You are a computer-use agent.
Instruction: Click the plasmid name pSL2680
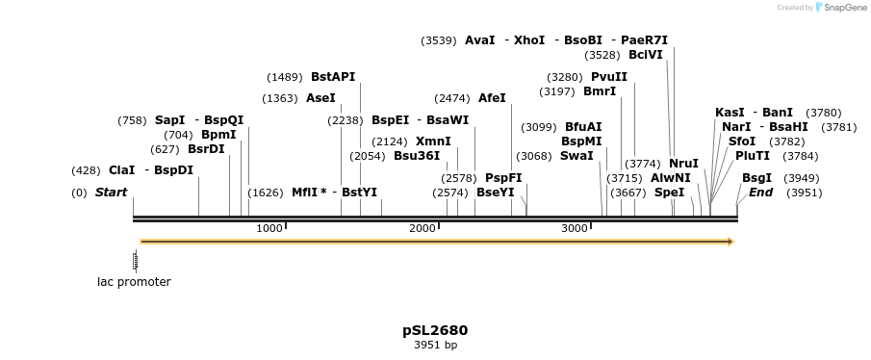point(435,330)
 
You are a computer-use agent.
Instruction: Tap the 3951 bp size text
point(435,345)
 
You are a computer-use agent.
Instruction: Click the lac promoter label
point(134,282)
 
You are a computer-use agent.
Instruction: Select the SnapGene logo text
point(840,8)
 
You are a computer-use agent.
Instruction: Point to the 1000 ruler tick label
point(269,228)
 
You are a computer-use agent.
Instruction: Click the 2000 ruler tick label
point(422,228)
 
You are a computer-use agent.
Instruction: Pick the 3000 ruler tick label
point(575,228)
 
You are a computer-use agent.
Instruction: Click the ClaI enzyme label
point(121,170)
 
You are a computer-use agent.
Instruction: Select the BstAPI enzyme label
point(333,77)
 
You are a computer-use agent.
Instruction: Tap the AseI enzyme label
point(320,98)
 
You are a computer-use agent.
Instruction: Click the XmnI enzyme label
point(433,141)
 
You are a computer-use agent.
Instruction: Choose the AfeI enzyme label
point(492,98)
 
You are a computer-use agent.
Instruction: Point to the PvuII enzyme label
point(609,77)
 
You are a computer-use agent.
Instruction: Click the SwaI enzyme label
point(576,156)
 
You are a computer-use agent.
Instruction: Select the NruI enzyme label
point(683,164)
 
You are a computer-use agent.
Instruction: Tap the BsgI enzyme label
point(756,178)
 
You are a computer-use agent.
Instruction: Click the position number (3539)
point(439,40)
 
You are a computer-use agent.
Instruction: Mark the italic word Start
point(111,193)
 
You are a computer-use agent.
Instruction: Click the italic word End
point(760,193)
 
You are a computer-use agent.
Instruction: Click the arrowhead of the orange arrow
point(730,242)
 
